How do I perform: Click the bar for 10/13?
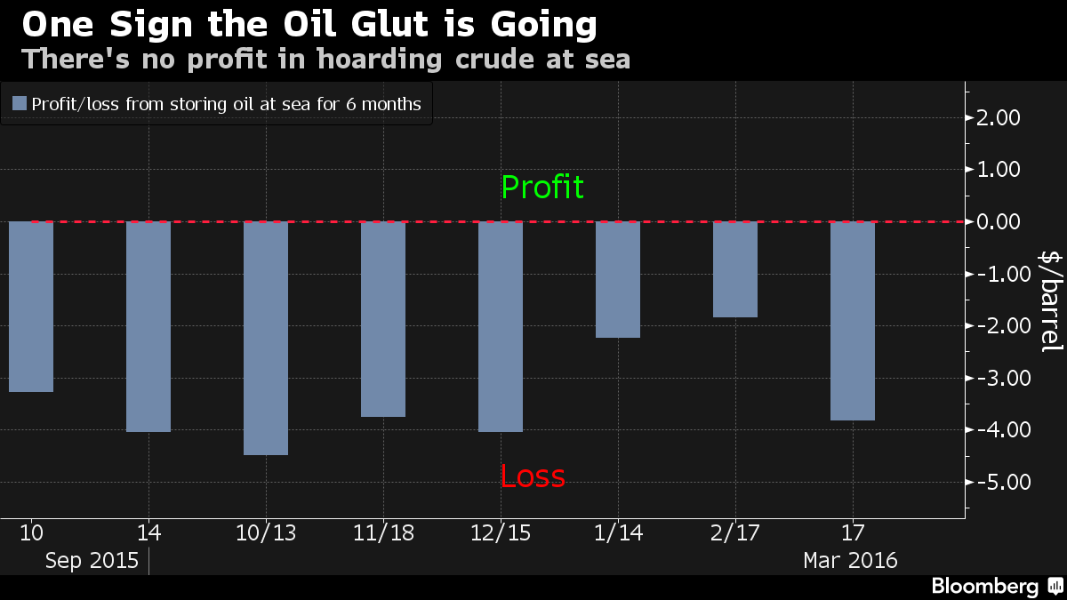[x=266, y=338]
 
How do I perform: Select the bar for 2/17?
[x=735, y=269]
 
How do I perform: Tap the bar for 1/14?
[x=618, y=279]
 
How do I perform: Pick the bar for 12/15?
[x=501, y=326]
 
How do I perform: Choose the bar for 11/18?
[x=383, y=318]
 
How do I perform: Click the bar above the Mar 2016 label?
[x=853, y=320]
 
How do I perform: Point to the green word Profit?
[x=542, y=188]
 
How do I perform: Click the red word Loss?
[x=533, y=477]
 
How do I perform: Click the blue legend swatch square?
[x=20, y=104]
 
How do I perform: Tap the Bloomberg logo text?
[x=984, y=587]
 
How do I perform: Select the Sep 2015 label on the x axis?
[x=92, y=561]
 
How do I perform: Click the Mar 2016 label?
[x=850, y=561]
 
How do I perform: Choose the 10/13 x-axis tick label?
[x=265, y=534]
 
